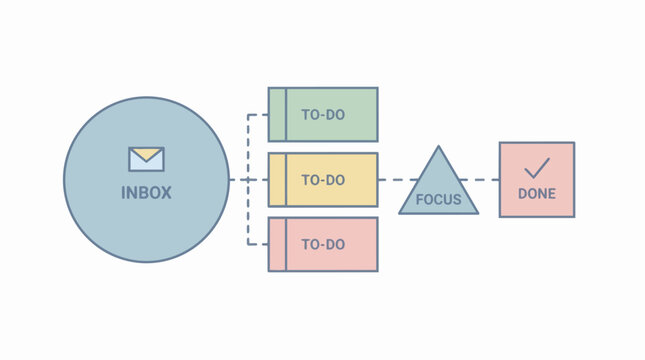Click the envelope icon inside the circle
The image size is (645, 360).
pos(146,158)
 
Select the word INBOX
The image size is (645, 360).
pos(146,192)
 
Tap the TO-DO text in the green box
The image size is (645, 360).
pos(323,115)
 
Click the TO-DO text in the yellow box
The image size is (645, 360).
pos(323,180)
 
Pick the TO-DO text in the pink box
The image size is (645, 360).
pos(323,244)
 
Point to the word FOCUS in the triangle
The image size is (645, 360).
pos(438,199)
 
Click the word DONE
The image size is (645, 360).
pos(537,194)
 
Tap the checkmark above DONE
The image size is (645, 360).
pos(537,167)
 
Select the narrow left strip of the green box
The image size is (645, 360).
pos(277,115)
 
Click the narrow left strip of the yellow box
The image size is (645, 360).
pos(277,180)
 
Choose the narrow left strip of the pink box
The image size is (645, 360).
pos(277,244)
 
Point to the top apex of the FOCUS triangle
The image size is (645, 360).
pos(438,148)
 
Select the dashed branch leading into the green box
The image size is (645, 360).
pos(258,115)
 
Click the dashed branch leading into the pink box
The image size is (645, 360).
pos(258,244)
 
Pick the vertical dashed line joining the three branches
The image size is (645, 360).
pos(248,150)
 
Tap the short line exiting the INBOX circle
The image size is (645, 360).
pos(236,180)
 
